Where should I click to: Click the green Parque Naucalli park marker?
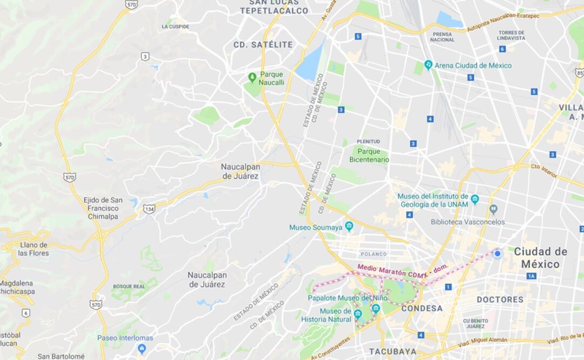(x=252, y=77)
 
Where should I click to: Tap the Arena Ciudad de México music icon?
(x=428, y=65)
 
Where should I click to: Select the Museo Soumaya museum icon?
(x=349, y=226)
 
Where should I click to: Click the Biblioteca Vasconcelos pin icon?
(x=493, y=209)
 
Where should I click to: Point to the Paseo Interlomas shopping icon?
(x=142, y=349)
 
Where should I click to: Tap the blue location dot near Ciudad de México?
(x=498, y=254)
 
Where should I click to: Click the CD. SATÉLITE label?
(x=263, y=45)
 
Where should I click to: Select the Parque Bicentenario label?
(x=369, y=155)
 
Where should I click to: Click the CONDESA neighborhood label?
(x=422, y=309)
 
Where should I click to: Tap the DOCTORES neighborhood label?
(x=500, y=299)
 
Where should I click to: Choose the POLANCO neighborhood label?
(x=374, y=254)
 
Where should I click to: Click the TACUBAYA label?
(x=393, y=351)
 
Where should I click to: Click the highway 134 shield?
(x=149, y=208)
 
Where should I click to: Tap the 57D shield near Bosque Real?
(x=96, y=304)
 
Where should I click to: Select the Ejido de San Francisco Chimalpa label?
(x=103, y=208)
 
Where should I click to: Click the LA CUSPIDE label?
(x=176, y=26)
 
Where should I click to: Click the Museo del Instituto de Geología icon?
(x=474, y=199)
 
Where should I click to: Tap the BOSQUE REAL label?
(x=129, y=286)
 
